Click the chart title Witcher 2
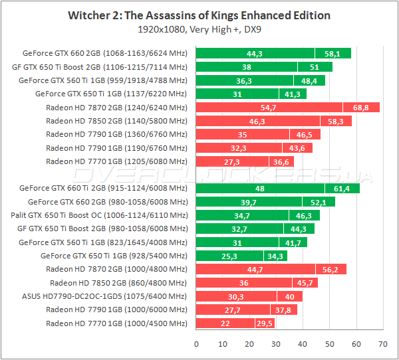199,15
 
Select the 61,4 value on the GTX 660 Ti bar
342,188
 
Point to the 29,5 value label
265,323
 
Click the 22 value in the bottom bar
225,323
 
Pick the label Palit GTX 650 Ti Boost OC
99,215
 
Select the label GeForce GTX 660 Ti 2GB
104,188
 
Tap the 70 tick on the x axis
382,344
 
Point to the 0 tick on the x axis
196,344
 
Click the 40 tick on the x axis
303,344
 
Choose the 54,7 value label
269,107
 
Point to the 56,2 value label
331,269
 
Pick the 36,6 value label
281,161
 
